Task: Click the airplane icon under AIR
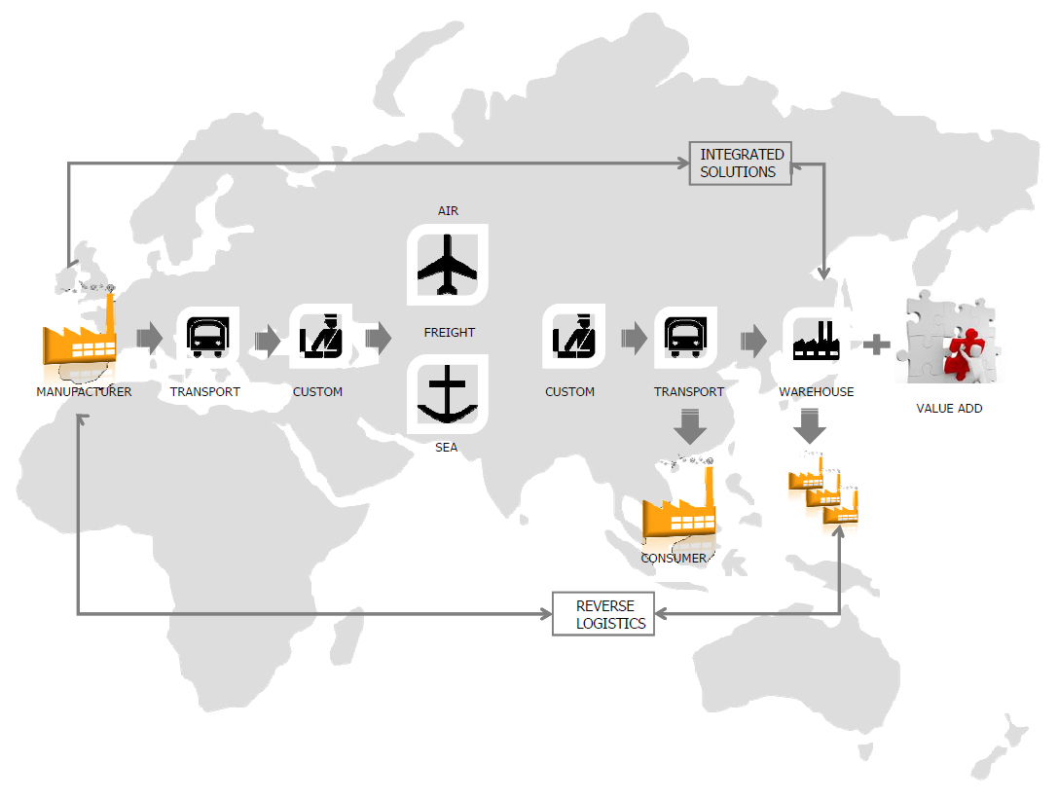coord(448,265)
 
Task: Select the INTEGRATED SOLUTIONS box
coord(741,163)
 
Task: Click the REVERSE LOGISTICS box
coord(603,614)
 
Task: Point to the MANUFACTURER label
coord(84,392)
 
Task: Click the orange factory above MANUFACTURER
coord(80,336)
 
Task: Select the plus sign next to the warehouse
coord(877,345)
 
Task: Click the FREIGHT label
coord(450,333)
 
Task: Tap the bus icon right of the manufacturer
coord(207,338)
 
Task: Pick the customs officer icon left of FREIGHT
coord(321,337)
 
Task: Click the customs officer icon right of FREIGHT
coord(574,337)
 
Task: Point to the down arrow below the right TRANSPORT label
coord(689,425)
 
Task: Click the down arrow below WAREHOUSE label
coord(810,425)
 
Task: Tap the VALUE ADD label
coord(949,409)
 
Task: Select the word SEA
coord(447,449)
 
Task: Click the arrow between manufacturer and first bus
coord(149,338)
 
